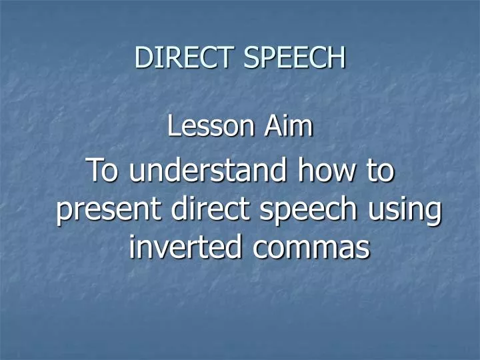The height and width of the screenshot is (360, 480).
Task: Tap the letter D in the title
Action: [142, 57]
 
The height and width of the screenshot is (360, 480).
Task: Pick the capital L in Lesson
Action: [173, 126]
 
